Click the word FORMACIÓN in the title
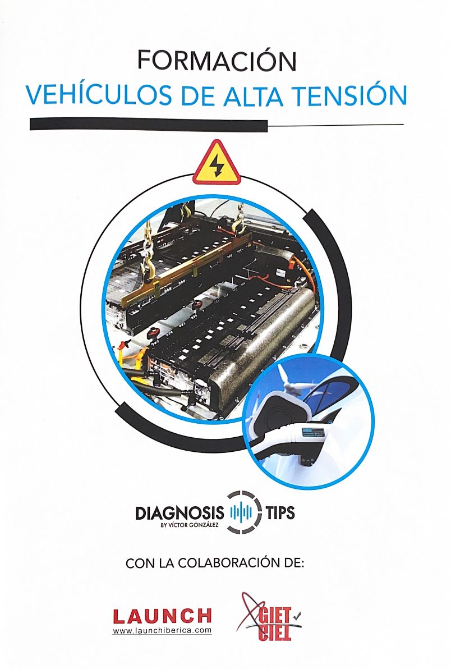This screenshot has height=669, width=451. click(x=217, y=61)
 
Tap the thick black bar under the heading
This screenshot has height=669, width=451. click(x=149, y=125)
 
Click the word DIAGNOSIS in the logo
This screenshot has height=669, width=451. click(x=180, y=513)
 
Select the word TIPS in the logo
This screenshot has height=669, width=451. click(x=280, y=512)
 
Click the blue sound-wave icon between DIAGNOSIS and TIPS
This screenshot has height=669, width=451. click(x=241, y=512)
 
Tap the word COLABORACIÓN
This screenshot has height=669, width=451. click(x=227, y=563)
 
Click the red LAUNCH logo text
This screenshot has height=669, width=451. click(x=163, y=616)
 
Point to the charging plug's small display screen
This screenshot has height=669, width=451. click(x=315, y=433)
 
